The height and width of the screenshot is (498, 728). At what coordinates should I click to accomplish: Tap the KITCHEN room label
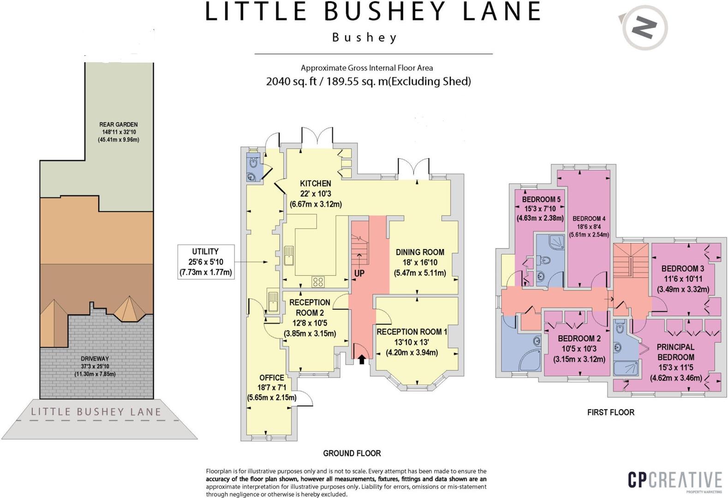pos(316,184)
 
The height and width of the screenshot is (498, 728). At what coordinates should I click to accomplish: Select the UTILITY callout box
pos(205,262)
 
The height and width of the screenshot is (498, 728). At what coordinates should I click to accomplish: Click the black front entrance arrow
pos(362,359)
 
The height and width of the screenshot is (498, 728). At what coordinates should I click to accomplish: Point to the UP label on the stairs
pos(359,273)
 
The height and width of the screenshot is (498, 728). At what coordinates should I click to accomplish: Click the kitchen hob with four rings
pos(318,281)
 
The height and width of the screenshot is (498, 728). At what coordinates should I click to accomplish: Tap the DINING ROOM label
pos(420,252)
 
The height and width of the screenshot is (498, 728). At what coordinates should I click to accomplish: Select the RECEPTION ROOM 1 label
pos(412,332)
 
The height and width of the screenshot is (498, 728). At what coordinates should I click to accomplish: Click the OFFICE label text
pos(271,378)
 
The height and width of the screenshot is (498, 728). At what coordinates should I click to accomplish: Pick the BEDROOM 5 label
pos(541,200)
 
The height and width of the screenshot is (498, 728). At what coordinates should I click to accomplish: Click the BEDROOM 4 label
pos(589,219)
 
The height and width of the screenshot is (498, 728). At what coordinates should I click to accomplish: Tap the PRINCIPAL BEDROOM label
pos(675,352)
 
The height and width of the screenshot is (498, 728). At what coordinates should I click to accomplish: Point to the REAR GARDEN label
pos(118,125)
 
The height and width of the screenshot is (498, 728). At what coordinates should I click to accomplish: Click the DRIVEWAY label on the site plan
pos(95,359)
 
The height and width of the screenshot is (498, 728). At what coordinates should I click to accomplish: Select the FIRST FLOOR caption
pos(610,412)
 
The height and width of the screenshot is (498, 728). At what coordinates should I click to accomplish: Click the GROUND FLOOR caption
pos(352,453)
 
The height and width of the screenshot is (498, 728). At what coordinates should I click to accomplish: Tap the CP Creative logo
pos(674,480)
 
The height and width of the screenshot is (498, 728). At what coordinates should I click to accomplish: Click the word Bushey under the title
pos(364,37)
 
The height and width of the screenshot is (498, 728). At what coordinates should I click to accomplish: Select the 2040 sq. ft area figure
pos(291,82)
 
